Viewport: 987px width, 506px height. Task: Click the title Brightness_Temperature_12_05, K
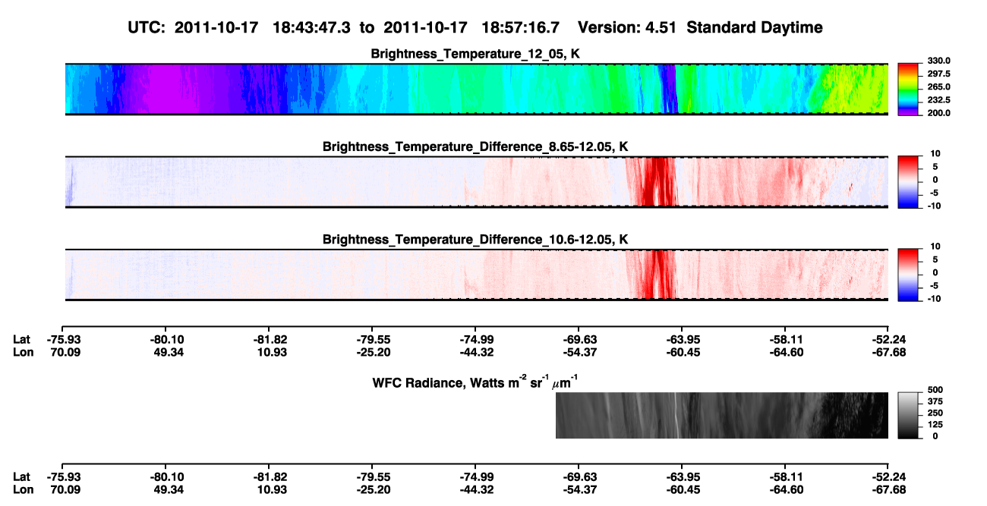[x=475, y=54]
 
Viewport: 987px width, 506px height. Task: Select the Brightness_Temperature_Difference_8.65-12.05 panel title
[x=475, y=146]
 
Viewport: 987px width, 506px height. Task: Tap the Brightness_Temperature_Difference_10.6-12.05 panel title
[x=475, y=240]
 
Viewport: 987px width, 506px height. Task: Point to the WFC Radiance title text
[x=475, y=382]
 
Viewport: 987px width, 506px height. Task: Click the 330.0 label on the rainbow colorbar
[x=938, y=61]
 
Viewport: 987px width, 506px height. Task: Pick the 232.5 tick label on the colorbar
[x=938, y=100]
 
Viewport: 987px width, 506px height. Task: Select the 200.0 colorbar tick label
[x=938, y=113]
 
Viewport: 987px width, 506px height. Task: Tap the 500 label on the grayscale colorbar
[x=935, y=390]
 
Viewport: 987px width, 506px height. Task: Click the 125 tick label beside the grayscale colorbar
[x=935, y=425]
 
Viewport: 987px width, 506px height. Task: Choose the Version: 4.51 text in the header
[x=627, y=28]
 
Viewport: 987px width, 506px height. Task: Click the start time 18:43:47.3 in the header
[x=311, y=28]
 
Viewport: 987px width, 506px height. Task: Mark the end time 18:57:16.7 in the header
[x=520, y=28]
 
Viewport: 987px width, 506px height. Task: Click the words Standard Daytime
[x=755, y=28]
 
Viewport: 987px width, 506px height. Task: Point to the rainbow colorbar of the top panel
[x=908, y=90]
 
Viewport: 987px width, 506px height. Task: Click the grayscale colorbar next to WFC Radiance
[x=908, y=415]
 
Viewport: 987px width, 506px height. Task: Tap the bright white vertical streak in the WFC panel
[x=675, y=415]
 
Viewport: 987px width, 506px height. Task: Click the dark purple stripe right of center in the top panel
[x=668, y=89]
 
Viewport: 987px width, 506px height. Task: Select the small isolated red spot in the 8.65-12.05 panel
[x=850, y=187]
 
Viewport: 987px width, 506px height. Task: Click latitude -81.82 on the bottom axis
[x=270, y=477]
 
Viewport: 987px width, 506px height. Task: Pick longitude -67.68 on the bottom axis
[x=889, y=490]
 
